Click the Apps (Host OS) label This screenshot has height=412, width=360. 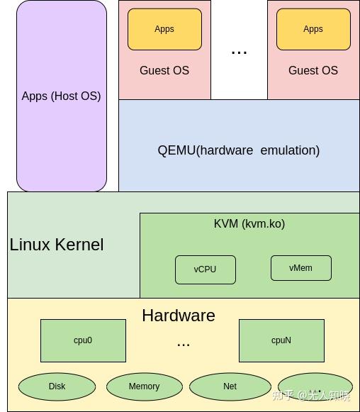pyautogui.click(x=61, y=96)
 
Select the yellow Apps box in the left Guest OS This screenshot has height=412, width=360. pyautogui.click(x=164, y=29)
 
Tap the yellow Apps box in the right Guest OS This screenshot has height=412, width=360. pyautogui.click(x=313, y=29)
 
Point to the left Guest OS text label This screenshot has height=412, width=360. pyautogui.click(x=164, y=70)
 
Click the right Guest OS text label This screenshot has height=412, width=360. pyautogui.click(x=313, y=70)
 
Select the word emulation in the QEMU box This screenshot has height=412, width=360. pyautogui.click(x=290, y=150)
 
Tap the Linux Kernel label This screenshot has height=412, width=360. pyautogui.click(x=57, y=245)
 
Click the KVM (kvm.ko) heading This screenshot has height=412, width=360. pyautogui.click(x=249, y=223)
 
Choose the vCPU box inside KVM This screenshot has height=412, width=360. pyautogui.click(x=205, y=269)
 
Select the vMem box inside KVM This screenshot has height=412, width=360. pyautogui.click(x=300, y=267)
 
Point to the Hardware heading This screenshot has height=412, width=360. pyautogui.click(x=179, y=316)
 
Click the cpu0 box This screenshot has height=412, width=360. pyautogui.click(x=83, y=340)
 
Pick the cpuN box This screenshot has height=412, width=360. pyautogui.click(x=281, y=340)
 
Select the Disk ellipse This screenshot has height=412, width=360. pyautogui.click(x=57, y=386)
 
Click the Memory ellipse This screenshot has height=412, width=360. pyautogui.click(x=144, y=386)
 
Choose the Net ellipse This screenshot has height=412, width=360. pyautogui.click(x=230, y=386)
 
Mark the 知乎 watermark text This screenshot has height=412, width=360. pyautogui.click(x=283, y=396)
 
